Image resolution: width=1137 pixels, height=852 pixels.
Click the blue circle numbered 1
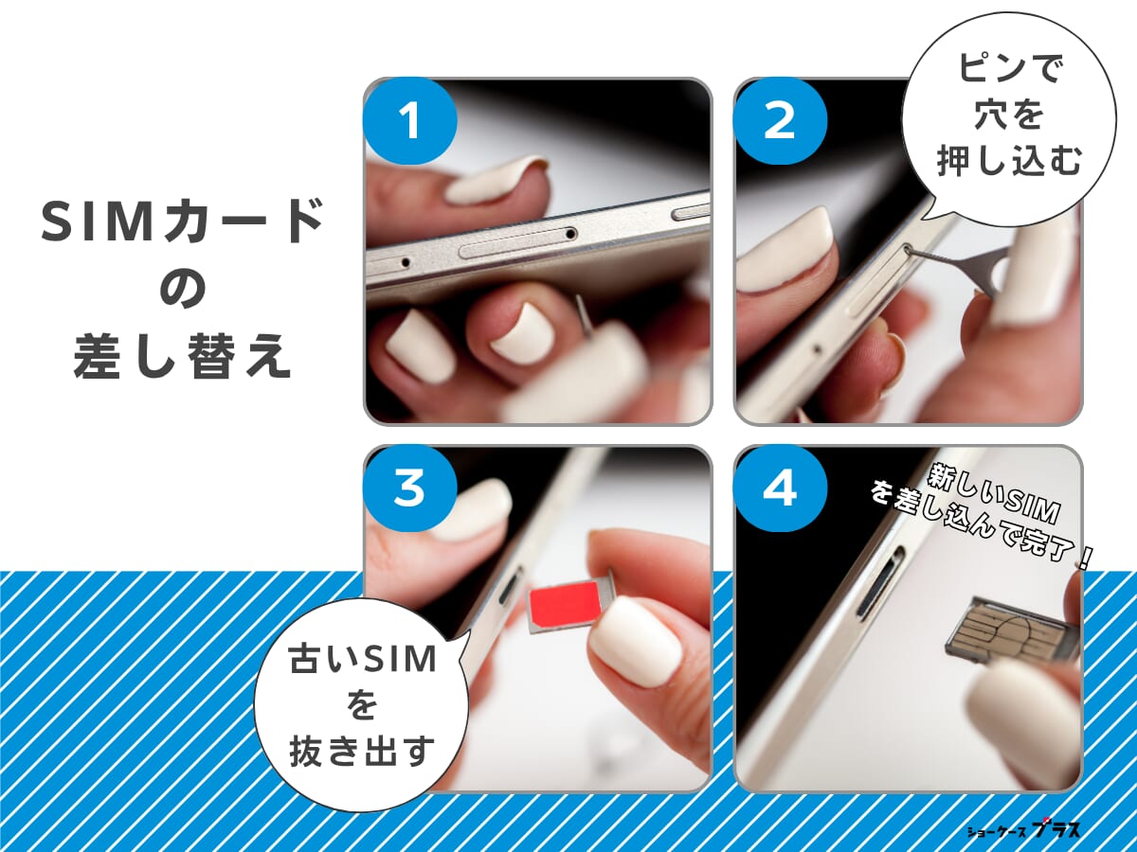tap(409, 123)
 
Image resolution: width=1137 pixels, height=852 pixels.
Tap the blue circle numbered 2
tap(780, 123)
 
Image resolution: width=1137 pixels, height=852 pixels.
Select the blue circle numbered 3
tap(409, 489)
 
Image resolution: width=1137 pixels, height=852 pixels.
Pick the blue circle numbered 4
tap(780, 489)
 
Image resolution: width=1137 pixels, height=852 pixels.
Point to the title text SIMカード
tap(182, 224)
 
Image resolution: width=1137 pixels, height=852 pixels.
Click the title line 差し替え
tap(182, 358)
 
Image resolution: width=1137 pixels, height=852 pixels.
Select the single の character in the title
tap(182, 291)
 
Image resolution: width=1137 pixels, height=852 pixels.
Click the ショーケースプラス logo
tap(1023, 829)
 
